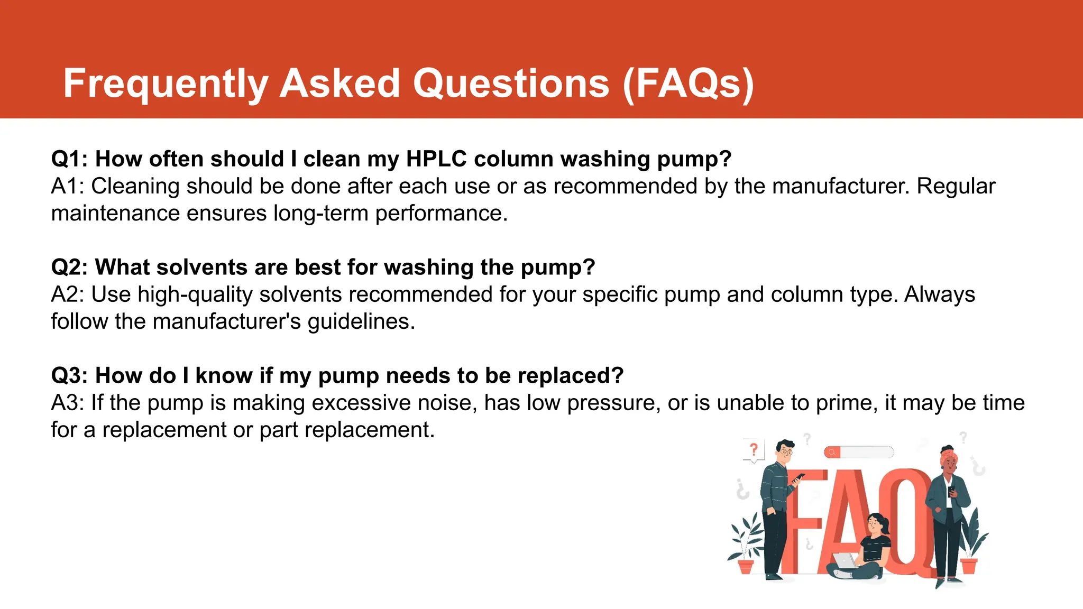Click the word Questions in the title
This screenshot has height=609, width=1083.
click(511, 84)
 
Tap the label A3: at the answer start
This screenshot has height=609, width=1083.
click(68, 403)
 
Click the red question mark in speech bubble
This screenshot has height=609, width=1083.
click(754, 450)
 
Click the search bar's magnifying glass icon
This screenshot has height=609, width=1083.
click(832, 452)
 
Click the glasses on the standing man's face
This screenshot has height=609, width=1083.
click(786, 453)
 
